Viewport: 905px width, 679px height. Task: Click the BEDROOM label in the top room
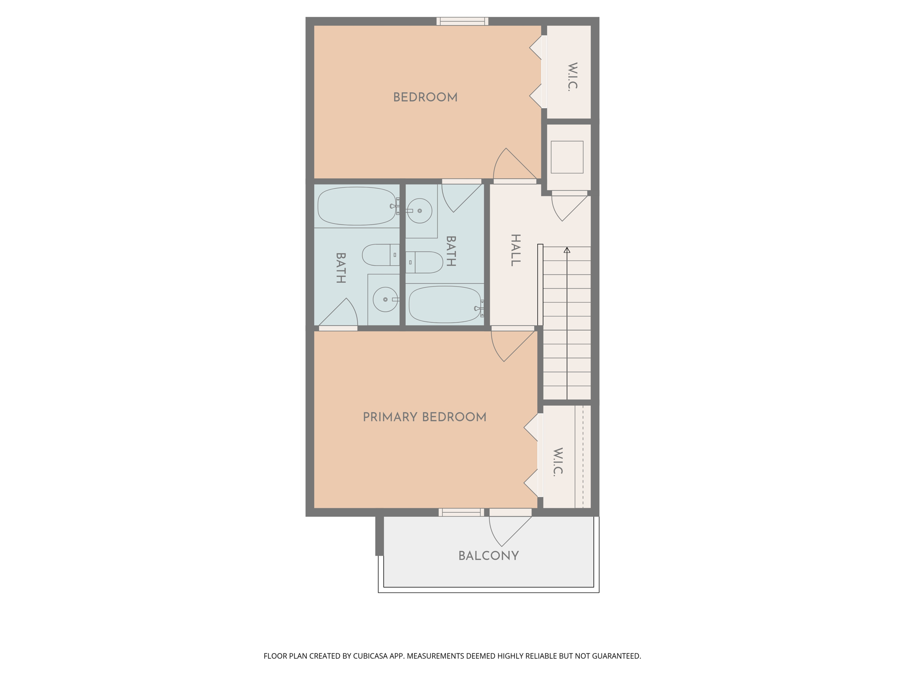[x=425, y=97]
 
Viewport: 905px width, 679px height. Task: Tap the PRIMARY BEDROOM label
[x=424, y=417]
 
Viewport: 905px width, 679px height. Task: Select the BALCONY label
[x=488, y=556]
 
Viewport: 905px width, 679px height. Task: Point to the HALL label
[x=515, y=250]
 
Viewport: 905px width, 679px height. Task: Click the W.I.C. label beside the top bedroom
[x=572, y=77]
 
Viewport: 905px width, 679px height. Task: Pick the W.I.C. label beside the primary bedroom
[x=558, y=462]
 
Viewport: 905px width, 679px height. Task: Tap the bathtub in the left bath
[x=356, y=206]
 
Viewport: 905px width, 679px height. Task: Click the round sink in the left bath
[x=385, y=299]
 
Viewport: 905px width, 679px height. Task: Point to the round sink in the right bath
[x=419, y=211]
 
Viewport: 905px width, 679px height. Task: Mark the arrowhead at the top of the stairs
[x=567, y=250]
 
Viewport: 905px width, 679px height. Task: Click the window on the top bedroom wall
[x=462, y=21]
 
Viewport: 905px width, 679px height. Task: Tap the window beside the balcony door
[x=461, y=512]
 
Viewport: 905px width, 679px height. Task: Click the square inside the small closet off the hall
[x=567, y=157]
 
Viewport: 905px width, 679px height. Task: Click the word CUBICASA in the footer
[x=370, y=656]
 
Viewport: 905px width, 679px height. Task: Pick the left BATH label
[x=340, y=268]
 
